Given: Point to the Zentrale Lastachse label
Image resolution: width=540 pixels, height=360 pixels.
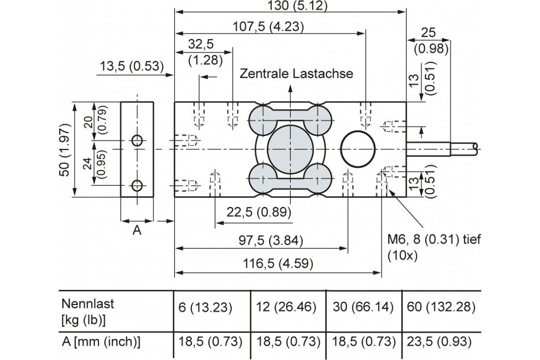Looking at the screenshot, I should coord(297,74).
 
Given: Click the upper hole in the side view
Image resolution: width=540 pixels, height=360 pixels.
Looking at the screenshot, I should coord(137,140).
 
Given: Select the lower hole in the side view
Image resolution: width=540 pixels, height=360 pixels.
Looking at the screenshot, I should coord(137,185).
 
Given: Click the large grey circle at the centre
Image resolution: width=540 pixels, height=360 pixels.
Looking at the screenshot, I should coord(288,148).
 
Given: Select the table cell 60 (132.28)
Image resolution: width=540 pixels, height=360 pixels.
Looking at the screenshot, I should coord(441,307).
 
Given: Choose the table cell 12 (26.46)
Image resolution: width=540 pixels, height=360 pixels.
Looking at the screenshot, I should coord(287,307).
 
